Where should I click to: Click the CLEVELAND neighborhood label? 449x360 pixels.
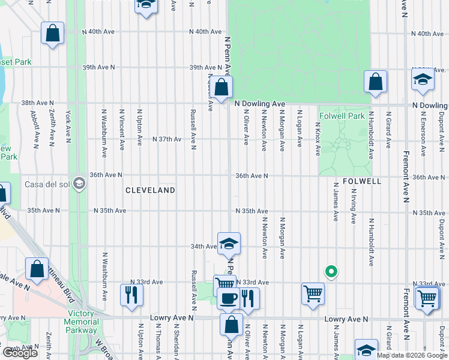pyautogui.click(x=150, y=190)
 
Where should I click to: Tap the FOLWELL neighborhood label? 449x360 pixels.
pyautogui.click(x=362, y=181)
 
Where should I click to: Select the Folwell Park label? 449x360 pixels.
pyautogui.click(x=342, y=116)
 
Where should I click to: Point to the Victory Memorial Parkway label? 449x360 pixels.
pyautogui.click(x=81, y=322)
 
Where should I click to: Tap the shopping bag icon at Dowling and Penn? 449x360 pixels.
pyautogui.click(x=221, y=88)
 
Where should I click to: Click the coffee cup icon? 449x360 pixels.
pyautogui.click(x=228, y=298)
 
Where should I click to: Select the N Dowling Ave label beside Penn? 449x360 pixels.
pyautogui.click(x=259, y=104)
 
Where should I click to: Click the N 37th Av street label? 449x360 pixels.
pyautogui.click(x=167, y=139)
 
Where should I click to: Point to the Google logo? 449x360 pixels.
pyautogui.click(x=20, y=353)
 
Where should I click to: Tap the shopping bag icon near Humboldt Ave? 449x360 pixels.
pyautogui.click(x=375, y=83)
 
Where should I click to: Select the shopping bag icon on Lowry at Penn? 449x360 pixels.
pyautogui.click(x=231, y=325)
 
